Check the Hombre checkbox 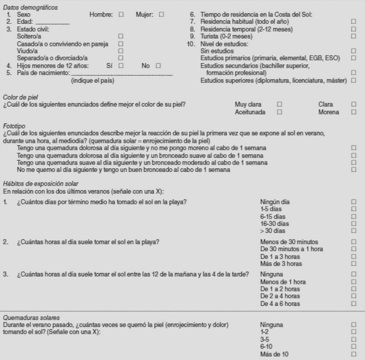coord(121,15)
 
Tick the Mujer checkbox coord(161,15)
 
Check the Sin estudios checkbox coord(354,51)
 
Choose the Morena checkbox coord(354,112)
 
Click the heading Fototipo coord(13,125)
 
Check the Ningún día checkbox coord(354,201)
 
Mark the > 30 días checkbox coord(354,231)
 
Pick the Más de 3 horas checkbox coord(354,264)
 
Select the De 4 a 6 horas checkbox coord(354,304)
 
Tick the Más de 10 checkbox coord(354,354)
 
